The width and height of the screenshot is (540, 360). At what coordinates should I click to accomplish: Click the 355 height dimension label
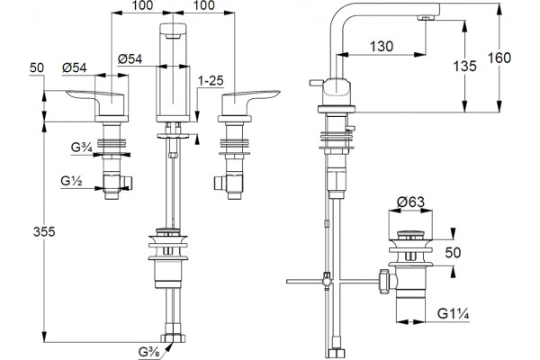click(44, 232)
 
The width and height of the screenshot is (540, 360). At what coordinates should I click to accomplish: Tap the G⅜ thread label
click(148, 352)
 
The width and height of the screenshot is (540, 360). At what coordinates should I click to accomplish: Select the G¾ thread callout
click(82, 148)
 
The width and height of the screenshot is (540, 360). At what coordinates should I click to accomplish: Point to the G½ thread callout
click(71, 181)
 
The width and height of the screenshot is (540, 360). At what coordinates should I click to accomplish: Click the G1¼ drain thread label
click(454, 314)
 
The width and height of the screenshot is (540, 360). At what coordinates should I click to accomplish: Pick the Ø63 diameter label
click(410, 202)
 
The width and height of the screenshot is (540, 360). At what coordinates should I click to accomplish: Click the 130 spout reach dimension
click(382, 46)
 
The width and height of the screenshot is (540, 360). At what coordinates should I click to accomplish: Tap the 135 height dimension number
click(465, 66)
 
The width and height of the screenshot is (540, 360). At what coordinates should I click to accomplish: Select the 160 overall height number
click(499, 58)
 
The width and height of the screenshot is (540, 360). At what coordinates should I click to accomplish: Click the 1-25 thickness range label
click(211, 81)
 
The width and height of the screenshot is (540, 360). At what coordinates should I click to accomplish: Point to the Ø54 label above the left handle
click(75, 67)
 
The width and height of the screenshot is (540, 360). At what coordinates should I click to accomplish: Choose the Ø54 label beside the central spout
click(130, 58)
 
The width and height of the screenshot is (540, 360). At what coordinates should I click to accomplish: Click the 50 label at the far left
click(37, 67)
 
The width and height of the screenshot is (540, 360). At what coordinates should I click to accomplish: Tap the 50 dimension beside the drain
click(453, 253)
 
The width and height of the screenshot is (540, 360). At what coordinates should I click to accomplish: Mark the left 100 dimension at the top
click(142, 5)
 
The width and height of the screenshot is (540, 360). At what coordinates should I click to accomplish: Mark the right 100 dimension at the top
click(203, 5)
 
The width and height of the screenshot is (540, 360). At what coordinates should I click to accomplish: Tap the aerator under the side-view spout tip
click(426, 18)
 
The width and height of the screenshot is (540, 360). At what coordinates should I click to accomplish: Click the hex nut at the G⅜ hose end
click(173, 337)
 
